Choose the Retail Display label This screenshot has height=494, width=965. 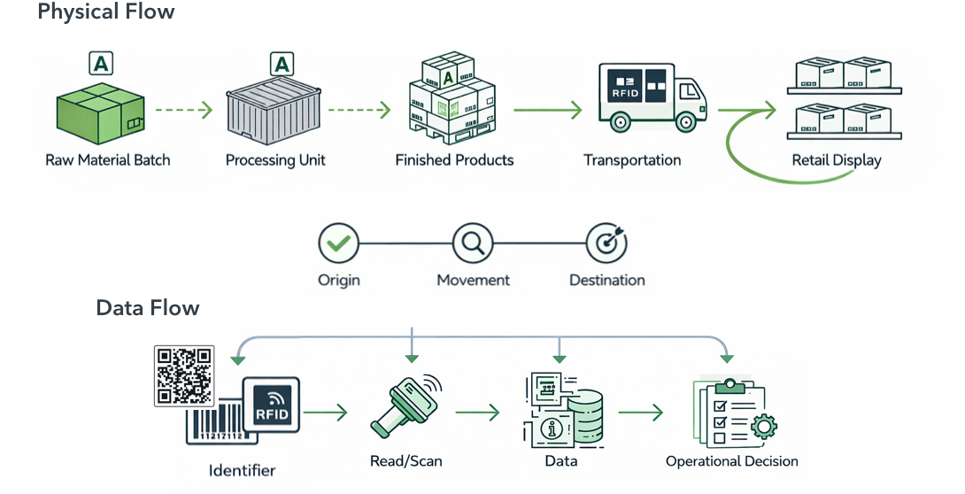837,160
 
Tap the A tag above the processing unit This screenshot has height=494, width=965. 281,64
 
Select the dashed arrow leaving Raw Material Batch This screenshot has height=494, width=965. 184,111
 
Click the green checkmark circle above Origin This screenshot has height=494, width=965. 338,242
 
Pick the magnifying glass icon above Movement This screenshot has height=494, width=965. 472,242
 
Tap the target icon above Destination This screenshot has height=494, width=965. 606,242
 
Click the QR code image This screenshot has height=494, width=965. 184,374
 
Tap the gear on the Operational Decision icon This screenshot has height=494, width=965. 762,428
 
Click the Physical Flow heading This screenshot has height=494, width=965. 105,12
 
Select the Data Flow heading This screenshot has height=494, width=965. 147,308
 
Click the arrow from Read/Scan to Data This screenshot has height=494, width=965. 478,413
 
